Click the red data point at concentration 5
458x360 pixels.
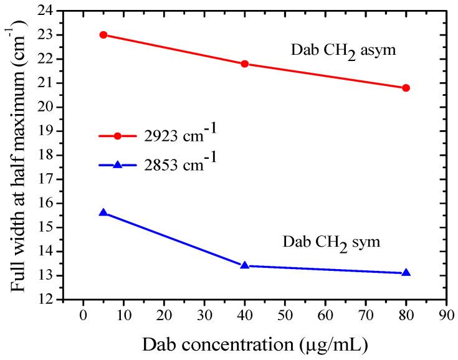(x=103, y=35)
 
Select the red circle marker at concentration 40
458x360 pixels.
(x=245, y=64)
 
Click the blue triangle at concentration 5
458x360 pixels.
(x=103, y=212)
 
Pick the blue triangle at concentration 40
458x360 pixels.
(x=245, y=265)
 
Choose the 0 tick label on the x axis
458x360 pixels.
(x=83, y=316)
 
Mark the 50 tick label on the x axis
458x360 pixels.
(x=285, y=316)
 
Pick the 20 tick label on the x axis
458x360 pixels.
(x=164, y=316)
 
